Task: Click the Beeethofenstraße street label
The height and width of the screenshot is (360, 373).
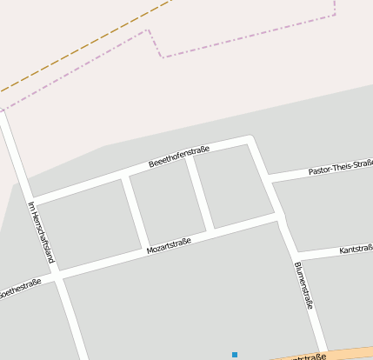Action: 178,157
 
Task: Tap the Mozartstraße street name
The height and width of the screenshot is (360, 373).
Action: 169,246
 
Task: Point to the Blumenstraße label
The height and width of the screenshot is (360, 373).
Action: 303,285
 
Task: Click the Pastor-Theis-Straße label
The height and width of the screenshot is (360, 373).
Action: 340,168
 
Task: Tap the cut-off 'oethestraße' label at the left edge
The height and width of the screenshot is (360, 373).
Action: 19,288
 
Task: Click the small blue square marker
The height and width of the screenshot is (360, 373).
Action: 234,355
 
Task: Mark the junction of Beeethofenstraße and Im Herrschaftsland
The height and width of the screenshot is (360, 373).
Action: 32,198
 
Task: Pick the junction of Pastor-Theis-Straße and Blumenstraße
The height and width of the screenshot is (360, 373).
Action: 269,178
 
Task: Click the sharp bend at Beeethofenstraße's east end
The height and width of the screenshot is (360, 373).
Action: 250,139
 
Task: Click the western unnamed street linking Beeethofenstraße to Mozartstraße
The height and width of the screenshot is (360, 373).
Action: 136,210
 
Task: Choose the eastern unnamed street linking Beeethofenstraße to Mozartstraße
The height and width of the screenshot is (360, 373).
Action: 200,191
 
